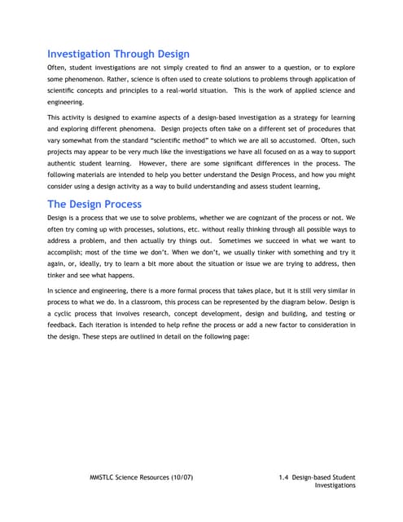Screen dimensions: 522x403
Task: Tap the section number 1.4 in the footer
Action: tap(284, 475)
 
